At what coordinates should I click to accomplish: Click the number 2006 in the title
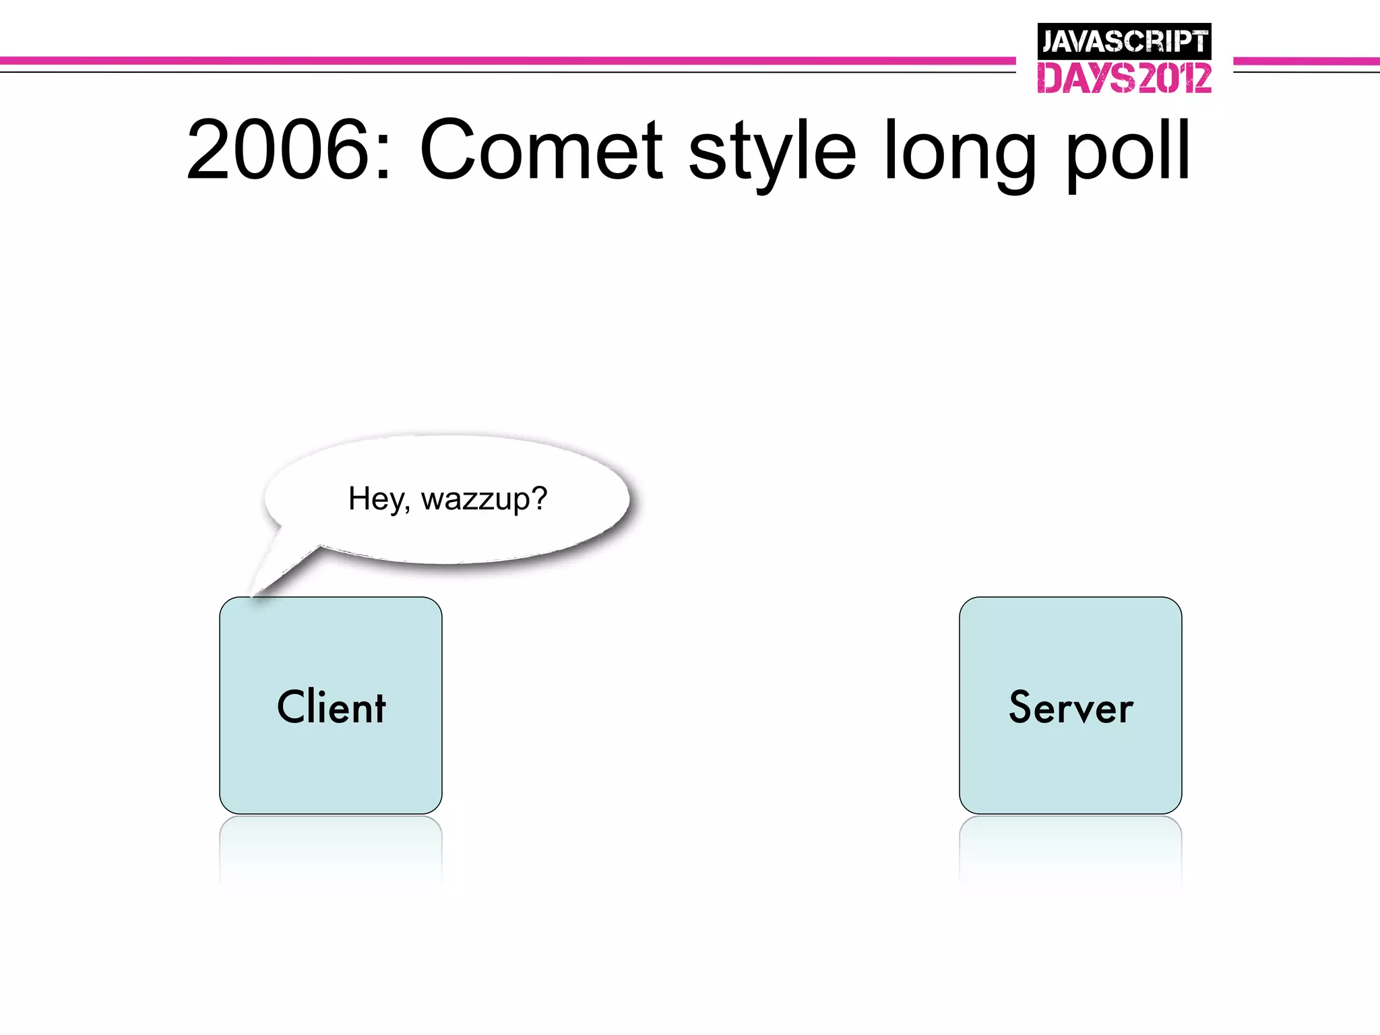pos(278,150)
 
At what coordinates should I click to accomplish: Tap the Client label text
pos(331,707)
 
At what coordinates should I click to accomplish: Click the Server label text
pos(1071,708)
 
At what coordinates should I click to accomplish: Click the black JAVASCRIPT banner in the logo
pos(1124,42)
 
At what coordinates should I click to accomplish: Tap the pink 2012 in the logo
pos(1174,78)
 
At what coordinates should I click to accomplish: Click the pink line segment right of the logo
pos(1306,61)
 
